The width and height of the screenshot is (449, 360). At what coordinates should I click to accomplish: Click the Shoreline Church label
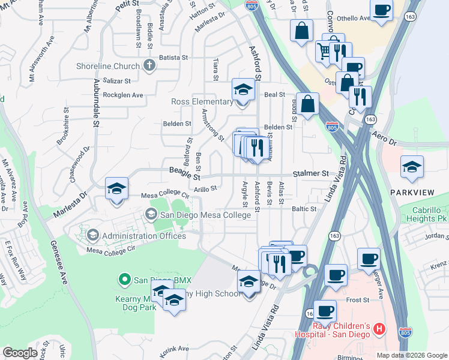point(108,66)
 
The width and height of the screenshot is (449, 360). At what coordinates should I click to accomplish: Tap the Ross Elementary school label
point(202,101)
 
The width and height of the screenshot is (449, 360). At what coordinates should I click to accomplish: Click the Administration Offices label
point(143,236)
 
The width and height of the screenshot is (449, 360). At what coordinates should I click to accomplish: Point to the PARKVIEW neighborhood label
point(411,192)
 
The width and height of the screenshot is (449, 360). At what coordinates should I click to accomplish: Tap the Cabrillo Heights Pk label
point(430,215)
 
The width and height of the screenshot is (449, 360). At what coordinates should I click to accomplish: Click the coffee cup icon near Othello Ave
point(382,10)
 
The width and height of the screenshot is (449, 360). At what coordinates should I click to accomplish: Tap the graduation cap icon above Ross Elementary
point(243,90)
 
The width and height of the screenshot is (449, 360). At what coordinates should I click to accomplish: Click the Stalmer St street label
point(311,173)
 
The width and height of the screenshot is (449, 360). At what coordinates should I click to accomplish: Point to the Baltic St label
point(304,209)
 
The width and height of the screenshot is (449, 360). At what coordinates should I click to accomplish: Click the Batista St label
point(174,58)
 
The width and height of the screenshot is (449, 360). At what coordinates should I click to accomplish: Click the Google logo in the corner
point(20,353)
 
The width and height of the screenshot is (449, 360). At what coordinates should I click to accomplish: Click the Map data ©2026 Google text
point(412,355)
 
